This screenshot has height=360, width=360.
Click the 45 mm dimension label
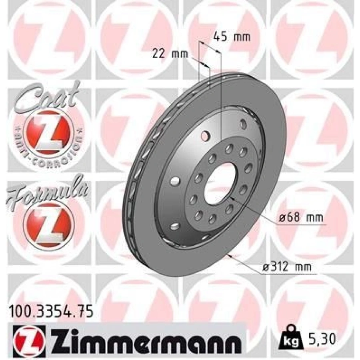tap(231, 38)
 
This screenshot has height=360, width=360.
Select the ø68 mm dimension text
tap(300, 218)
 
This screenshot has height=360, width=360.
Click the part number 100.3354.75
tap(50, 311)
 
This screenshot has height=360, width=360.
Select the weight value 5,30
tap(322, 339)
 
